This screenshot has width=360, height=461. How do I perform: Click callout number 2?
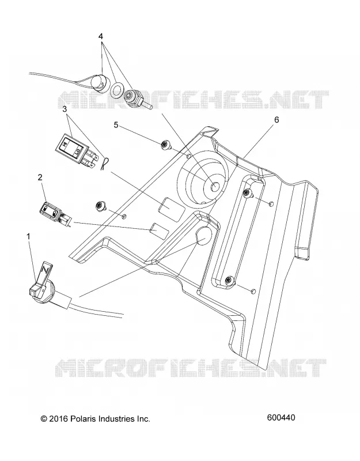click(40, 177)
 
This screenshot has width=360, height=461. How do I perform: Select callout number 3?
click(65, 109)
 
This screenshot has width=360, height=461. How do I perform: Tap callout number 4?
click(100, 36)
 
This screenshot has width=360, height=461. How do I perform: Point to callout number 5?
click(116, 125)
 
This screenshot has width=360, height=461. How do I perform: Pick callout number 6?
click(276, 120)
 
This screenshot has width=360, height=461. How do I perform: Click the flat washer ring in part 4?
click(117, 90)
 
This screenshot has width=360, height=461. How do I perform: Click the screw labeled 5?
click(165, 146)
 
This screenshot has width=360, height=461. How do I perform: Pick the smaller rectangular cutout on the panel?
click(160, 231)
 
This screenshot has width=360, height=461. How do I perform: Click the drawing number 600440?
click(281, 417)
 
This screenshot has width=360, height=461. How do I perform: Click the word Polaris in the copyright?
click(82, 419)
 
